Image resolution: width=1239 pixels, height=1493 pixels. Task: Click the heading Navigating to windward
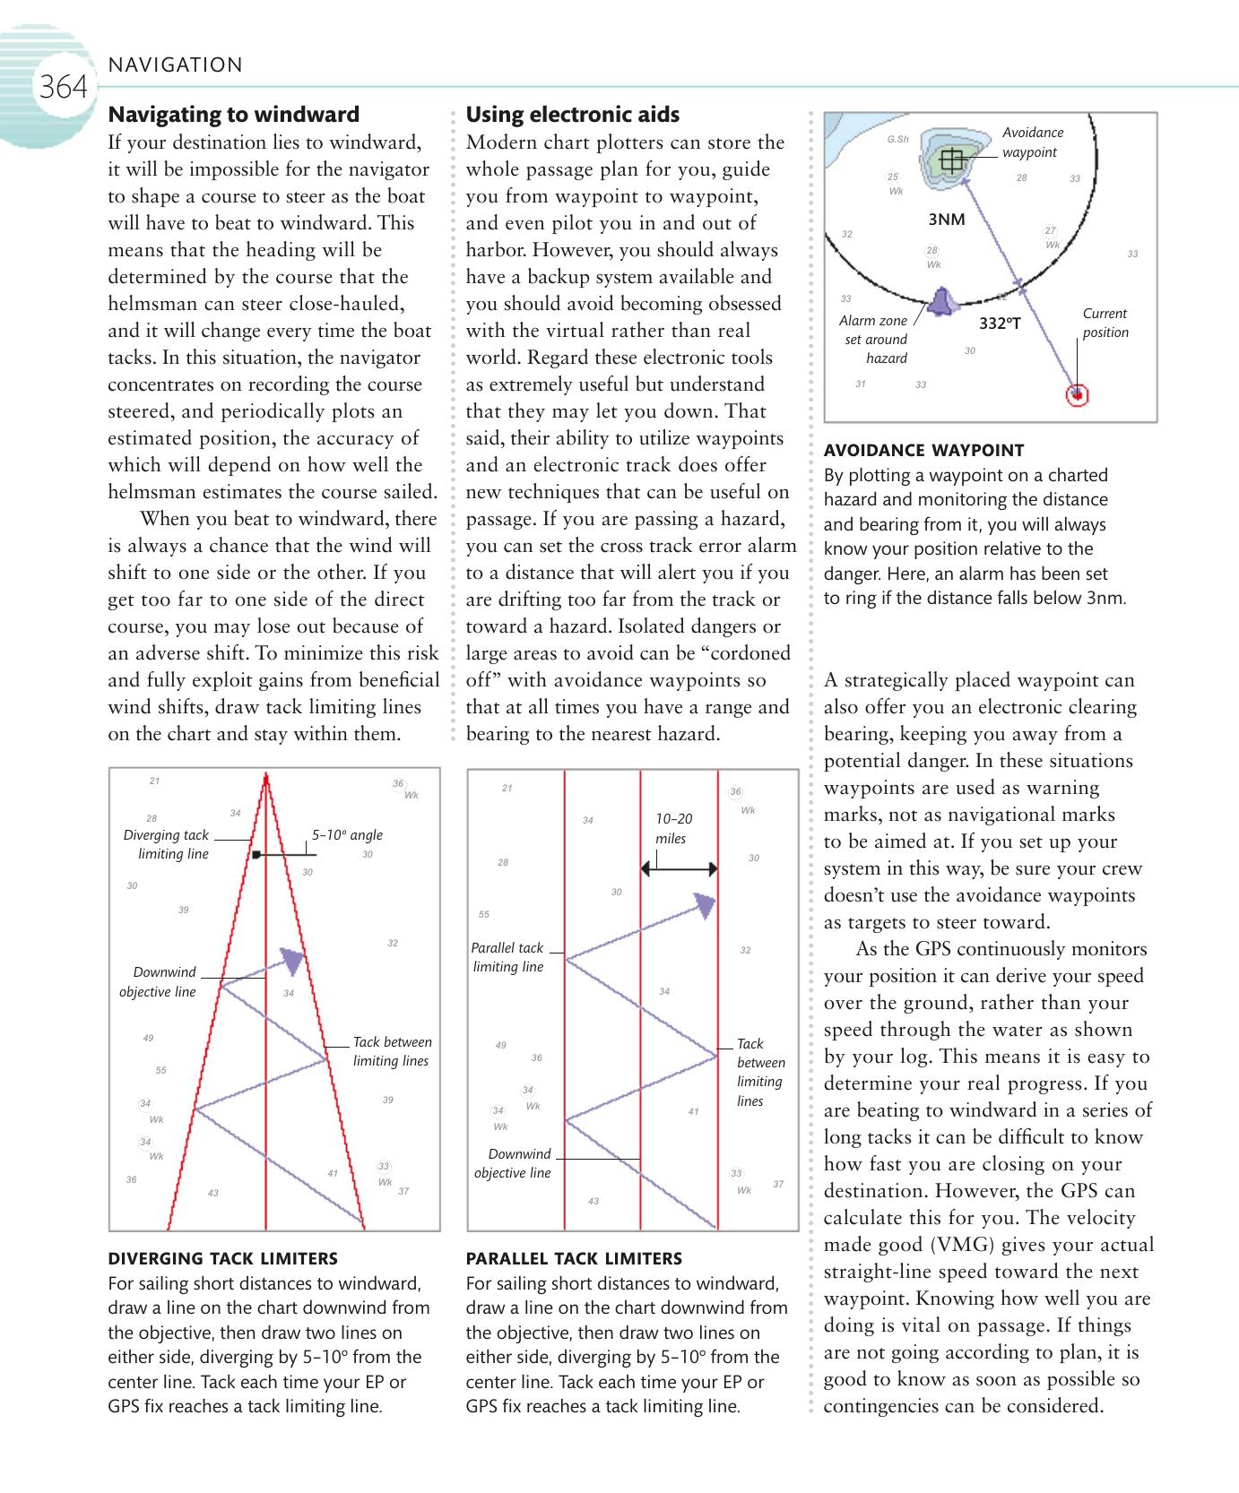coord(233,115)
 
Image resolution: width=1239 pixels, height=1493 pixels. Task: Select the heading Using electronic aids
coord(572,115)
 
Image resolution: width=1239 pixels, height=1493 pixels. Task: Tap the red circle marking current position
coord(1077,394)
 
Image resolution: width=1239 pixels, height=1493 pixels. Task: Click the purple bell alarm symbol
coord(940,302)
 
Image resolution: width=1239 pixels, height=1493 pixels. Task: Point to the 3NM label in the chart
coord(946,220)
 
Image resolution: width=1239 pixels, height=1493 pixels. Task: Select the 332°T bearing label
coord(1000,323)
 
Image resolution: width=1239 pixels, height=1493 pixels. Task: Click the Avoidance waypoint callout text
coord(1033,142)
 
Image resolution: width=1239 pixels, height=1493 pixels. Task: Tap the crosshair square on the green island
coord(952,160)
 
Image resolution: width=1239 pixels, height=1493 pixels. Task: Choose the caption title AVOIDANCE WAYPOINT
coord(923,450)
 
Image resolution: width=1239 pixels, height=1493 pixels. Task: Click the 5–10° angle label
coord(347,835)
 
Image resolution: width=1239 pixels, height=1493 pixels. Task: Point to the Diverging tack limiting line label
coord(167,844)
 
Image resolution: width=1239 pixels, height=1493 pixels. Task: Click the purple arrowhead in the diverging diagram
coord(292,961)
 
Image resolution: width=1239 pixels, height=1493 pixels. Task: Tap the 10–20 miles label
coord(673,829)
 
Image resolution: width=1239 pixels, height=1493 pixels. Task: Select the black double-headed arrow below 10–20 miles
coord(679,868)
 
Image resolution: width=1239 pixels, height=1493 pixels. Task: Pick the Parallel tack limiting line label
coord(507,957)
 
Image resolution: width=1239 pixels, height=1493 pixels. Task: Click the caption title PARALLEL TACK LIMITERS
coord(574,1258)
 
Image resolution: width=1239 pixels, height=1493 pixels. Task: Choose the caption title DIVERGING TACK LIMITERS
coord(222,1258)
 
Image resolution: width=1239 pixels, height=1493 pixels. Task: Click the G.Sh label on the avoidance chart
coord(897,140)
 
